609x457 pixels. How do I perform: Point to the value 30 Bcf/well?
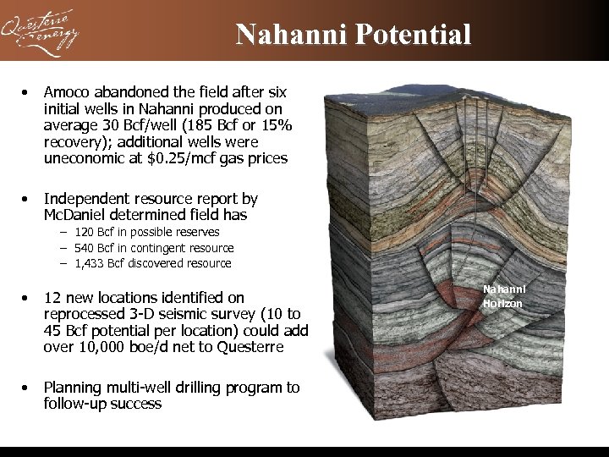pyautogui.click(x=141, y=125)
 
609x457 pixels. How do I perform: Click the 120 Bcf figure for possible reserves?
pyautogui.click(x=95, y=232)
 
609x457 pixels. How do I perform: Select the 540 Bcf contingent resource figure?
pyautogui.click(x=95, y=248)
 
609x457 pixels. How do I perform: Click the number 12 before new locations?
pyautogui.click(x=52, y=297)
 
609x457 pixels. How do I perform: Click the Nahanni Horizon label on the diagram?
pyautogui.click(x=503, y=296)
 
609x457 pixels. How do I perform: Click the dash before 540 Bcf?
pyautogui.click(x=63, y=248)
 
